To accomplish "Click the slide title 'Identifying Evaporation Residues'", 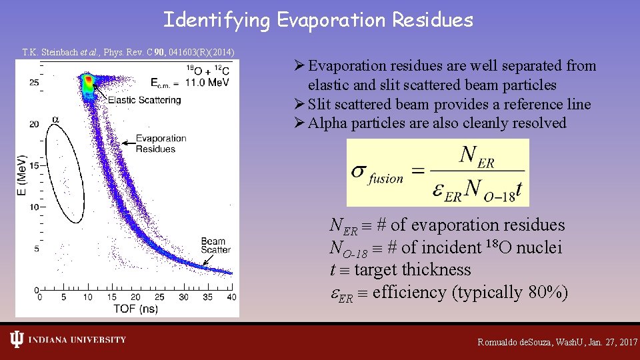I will tap(318, 20).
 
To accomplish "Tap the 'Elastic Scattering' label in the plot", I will tap(144, 100).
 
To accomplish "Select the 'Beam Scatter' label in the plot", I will tap(215, 245).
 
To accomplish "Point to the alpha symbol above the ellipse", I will tap(56, 120).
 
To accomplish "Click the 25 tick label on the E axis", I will tap(33, 83).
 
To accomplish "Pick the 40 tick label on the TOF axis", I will tap(231, 297).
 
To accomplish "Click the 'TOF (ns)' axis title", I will tap(135, 309).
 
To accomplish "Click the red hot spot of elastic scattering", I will tap(88, 83).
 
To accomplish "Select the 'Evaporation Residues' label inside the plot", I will tap(161, 143).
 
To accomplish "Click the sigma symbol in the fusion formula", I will tap(359, 171).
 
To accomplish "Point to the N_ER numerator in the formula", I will tap(476, 157).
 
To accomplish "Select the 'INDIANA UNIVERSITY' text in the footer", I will tap(77, 340).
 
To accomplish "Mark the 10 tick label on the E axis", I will tap(33, 207).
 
